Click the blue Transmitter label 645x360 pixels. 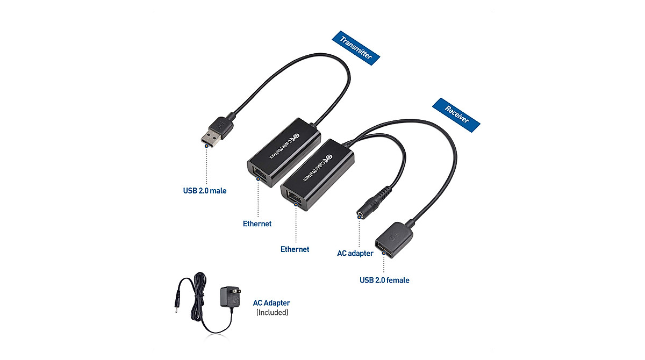[355, 47]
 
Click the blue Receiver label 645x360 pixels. [456, 114]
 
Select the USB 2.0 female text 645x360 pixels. [384, 280]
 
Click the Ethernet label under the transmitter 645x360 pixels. [257, 224]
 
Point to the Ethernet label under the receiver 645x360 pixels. [295, 249]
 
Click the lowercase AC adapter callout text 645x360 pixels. [355, 253]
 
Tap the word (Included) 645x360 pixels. [272, 312]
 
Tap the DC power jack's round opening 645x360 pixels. [360, 214]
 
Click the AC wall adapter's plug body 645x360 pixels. [227, 297]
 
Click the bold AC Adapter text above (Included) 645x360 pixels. [271, 303]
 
